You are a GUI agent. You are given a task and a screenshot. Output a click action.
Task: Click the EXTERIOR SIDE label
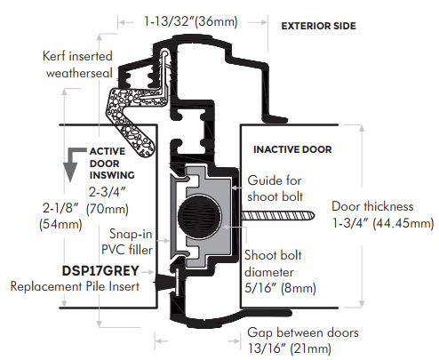click(318, 26)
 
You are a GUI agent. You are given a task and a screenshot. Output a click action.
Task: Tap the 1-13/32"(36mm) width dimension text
click(191, 22)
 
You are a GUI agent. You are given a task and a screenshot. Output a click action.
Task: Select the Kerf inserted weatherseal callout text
click(77, 65)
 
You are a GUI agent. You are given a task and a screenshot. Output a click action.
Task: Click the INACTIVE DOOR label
click(292, 149)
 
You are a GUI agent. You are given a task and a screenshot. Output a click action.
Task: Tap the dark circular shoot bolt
click(199, 216)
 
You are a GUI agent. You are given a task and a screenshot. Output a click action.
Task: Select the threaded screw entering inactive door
click(277, 216)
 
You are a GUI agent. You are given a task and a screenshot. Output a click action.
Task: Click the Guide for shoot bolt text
click(275, 188)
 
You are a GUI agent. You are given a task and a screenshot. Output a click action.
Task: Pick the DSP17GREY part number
click(100, 271)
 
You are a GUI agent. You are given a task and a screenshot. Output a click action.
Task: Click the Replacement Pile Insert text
click(75, 286)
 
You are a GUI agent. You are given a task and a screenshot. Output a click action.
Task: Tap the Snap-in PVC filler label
click(127, 242)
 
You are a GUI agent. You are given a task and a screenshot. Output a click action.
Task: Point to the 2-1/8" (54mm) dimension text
click(60, 216)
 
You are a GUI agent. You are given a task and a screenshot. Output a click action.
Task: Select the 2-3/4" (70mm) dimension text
click(108, 201)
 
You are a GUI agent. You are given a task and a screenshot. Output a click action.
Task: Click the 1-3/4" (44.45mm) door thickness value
click(383, 223)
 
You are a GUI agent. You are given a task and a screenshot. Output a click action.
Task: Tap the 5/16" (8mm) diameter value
click(280, 288)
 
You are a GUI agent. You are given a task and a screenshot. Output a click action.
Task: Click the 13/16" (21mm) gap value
click(290, 348)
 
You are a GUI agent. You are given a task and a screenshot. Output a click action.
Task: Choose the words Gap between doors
click(303, 332)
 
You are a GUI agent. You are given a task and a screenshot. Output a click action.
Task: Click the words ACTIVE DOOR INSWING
click(112, 164)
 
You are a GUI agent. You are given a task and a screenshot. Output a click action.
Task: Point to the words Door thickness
click(372, 206)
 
